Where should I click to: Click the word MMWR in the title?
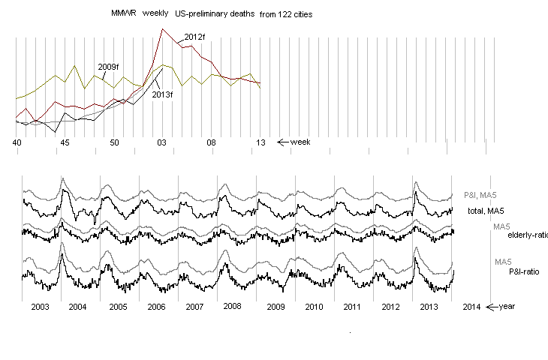point(121,14)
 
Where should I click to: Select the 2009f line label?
point(109,67)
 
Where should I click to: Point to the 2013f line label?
point(162,94)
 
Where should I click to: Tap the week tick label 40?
point(17,142)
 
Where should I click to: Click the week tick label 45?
point(65,142)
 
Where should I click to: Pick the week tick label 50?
point(114,142)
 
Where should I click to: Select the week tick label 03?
point(162,142)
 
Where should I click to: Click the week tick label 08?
point(212,142)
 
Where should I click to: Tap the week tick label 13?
point(260,142)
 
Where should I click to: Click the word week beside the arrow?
point(300,142)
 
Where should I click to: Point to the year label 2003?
point(41,307)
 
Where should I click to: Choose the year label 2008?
point(232,307)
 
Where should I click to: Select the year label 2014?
point(472,307)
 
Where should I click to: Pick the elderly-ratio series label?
point(528,235)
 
